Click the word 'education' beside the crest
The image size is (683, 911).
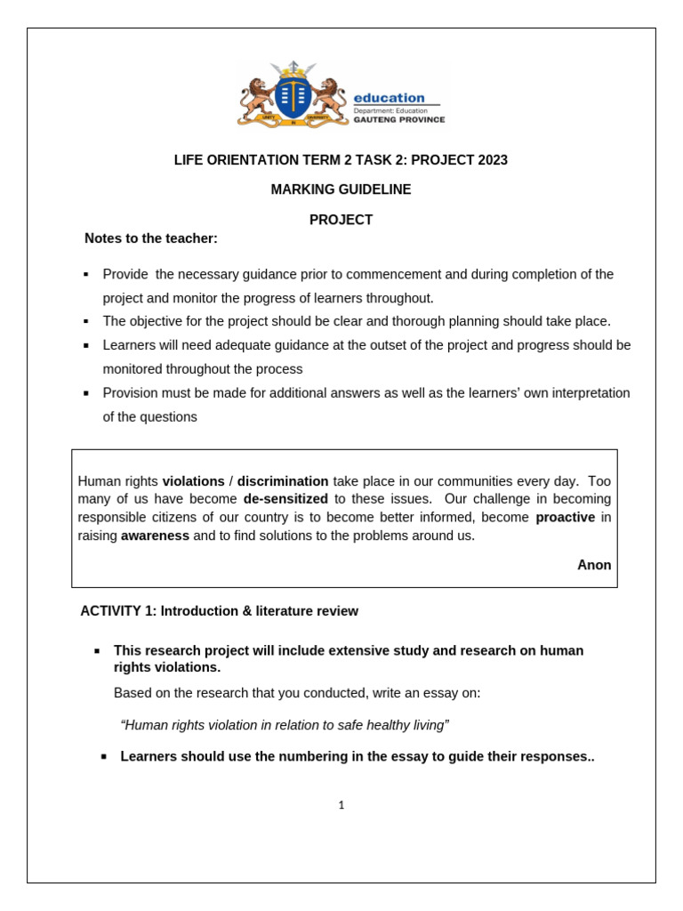click(x=389, y=98)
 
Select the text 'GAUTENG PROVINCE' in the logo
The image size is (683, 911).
click(x=399, y=119)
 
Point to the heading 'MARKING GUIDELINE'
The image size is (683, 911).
click(x=341, y=189)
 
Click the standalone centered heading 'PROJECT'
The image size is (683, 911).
click(x=341, y=220)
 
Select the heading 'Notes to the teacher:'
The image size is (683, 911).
click(x=150, y=238)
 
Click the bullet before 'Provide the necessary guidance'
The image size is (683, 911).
click(x=86, y=275)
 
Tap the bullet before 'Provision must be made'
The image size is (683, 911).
click(x=86, y=393)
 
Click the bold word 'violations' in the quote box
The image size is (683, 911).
click(x=193, y=480)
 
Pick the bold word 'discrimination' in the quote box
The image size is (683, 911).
click(x=283, y=480)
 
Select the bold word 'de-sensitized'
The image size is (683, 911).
click(x=285, y=499)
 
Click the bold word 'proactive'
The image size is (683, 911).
click(x=565, y=517)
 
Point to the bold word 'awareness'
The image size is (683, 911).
click(x=155, y=536)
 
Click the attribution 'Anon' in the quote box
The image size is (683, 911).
click(x=594, y=565)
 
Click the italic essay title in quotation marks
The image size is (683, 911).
click(x=285, y=725)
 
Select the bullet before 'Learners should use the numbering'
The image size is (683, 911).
click(x=104, y=757)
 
